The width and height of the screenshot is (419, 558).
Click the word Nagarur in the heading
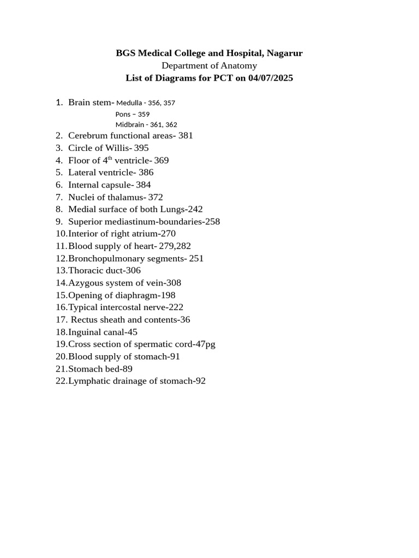[284, 53]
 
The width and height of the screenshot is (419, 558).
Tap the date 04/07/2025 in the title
[270, 78]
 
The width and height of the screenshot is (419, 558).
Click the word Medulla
[128, 103]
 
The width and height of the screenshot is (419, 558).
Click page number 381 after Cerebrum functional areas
[185, 136]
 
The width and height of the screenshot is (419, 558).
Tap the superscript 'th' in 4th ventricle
[110, 159]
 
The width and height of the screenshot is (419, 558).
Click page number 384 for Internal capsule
[143, 185]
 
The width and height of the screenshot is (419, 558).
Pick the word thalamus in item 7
[126, 197]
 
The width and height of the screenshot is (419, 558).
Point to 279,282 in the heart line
[175, 246]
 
